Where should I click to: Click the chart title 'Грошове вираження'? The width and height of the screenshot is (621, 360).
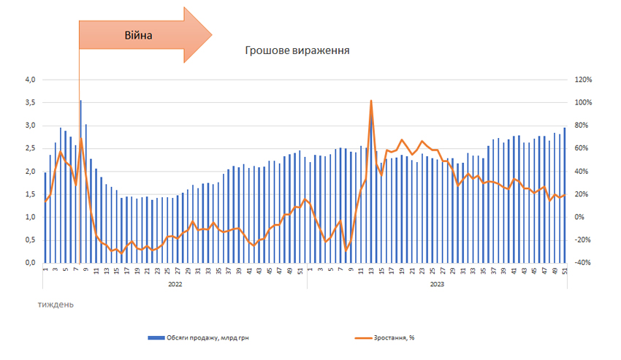coord(297,51)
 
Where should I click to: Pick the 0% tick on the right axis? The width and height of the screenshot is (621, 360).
coord(582,217)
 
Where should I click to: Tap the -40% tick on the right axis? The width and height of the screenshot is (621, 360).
coord(584,263)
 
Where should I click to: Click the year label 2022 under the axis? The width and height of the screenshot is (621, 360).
coord(175,285)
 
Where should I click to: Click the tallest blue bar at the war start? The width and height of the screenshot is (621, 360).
coord(80,183)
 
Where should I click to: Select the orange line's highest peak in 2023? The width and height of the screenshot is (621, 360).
coord(371,102)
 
